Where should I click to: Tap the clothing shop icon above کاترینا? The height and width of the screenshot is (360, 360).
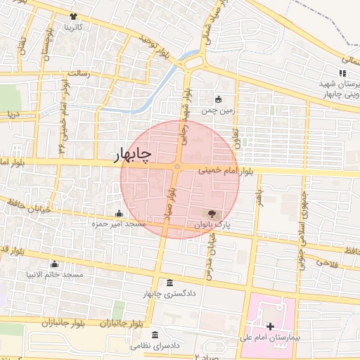(x=74, y=16)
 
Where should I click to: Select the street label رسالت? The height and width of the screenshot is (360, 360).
(x=77, y=72)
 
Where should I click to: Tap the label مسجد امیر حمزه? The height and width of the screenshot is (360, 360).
(x=119, y=224)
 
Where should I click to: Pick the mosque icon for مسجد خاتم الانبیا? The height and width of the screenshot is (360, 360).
(x=55, y=264)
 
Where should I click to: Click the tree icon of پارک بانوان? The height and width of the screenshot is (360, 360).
(x=212, y=212)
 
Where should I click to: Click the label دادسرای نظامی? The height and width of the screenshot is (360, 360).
(x=156, y=346)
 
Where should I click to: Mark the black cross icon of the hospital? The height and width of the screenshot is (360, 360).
(x=270, y=327)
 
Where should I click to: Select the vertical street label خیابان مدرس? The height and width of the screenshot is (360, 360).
(x=210, y=250)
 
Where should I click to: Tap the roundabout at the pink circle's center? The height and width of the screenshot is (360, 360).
(x=176, y=167)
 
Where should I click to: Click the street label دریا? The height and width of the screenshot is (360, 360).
(x=13, y=112)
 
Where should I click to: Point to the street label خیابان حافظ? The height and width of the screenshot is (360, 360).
(x=21, y=205)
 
